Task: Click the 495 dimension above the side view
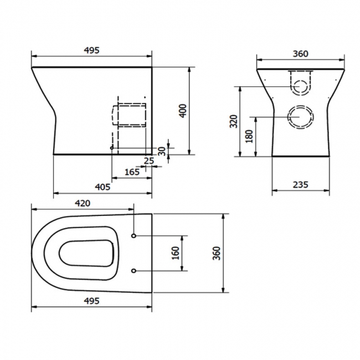pyautogui.click(x=92, y=50)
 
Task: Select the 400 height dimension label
pyautogui.click(x=182, y=111)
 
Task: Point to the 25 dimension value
pyautogui.click(x=148, y=161)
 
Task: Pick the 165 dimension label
pyautogui.click(x=131, y=172)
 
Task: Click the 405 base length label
pyautogui.click(x=102, y=187)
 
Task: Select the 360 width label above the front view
pyautogui.click(x=300, y=54)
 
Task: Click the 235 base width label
pyautogui.click(x=300, y=184)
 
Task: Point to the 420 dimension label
pyautogui.click(x=82, y=203)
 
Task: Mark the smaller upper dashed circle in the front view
pyautogui.click(x=300, y=86)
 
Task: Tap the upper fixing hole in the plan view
pyautogui.click(x=134, y=236)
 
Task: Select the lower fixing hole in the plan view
pyautogui.click(x=134, y=270)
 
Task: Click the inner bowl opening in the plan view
pyautogui.click(x=87, y=254)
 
